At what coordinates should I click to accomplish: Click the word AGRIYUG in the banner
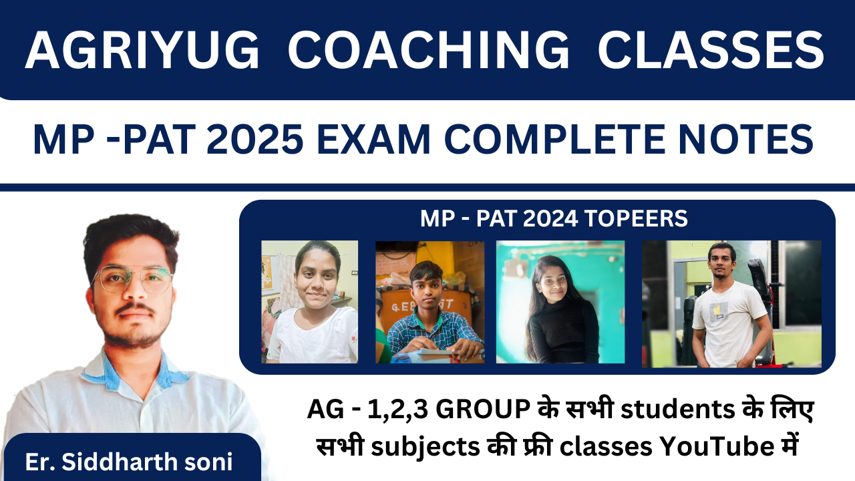[142, 50]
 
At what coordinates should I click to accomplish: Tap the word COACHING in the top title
[428, 50]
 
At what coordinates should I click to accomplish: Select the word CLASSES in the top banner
[711, 50]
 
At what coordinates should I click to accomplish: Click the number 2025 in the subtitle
[254, 140]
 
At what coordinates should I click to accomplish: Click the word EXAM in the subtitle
[373, 140]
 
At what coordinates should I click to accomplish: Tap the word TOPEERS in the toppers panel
[636, 218]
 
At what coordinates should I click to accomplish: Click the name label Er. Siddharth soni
[129, 462]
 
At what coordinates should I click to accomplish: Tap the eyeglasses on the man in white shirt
[132, 279]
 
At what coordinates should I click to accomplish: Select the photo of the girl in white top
[309, 301]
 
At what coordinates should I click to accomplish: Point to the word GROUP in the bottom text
[482, 410]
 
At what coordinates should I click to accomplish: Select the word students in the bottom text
[678, 410]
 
